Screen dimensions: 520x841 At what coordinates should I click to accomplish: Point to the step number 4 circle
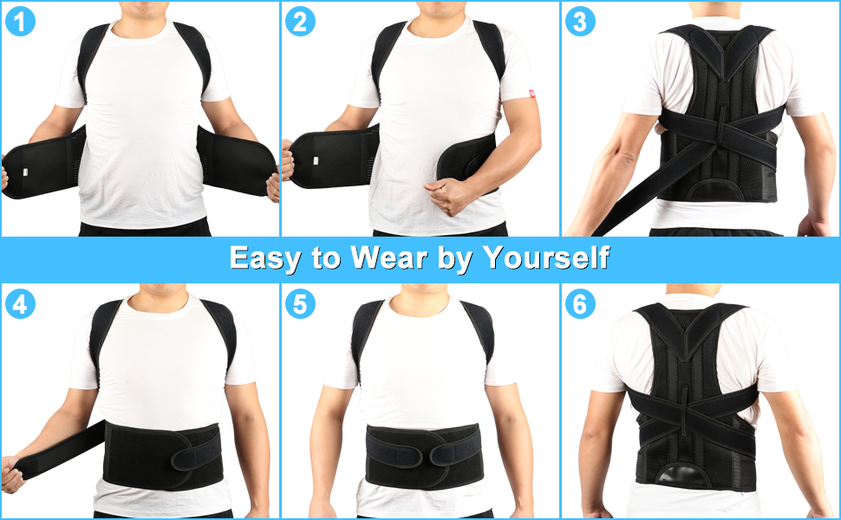point(19,304)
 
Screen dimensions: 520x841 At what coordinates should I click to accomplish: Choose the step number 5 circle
point(300,304)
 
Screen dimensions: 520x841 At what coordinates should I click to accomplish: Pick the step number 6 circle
point(580,304)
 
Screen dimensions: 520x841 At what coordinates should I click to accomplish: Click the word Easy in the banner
point(265,258)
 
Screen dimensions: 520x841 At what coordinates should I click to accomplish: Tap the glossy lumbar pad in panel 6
point(690,476)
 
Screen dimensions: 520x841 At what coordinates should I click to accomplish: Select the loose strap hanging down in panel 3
point(637,195)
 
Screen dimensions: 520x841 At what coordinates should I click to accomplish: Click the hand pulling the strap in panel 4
point(12,475)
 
